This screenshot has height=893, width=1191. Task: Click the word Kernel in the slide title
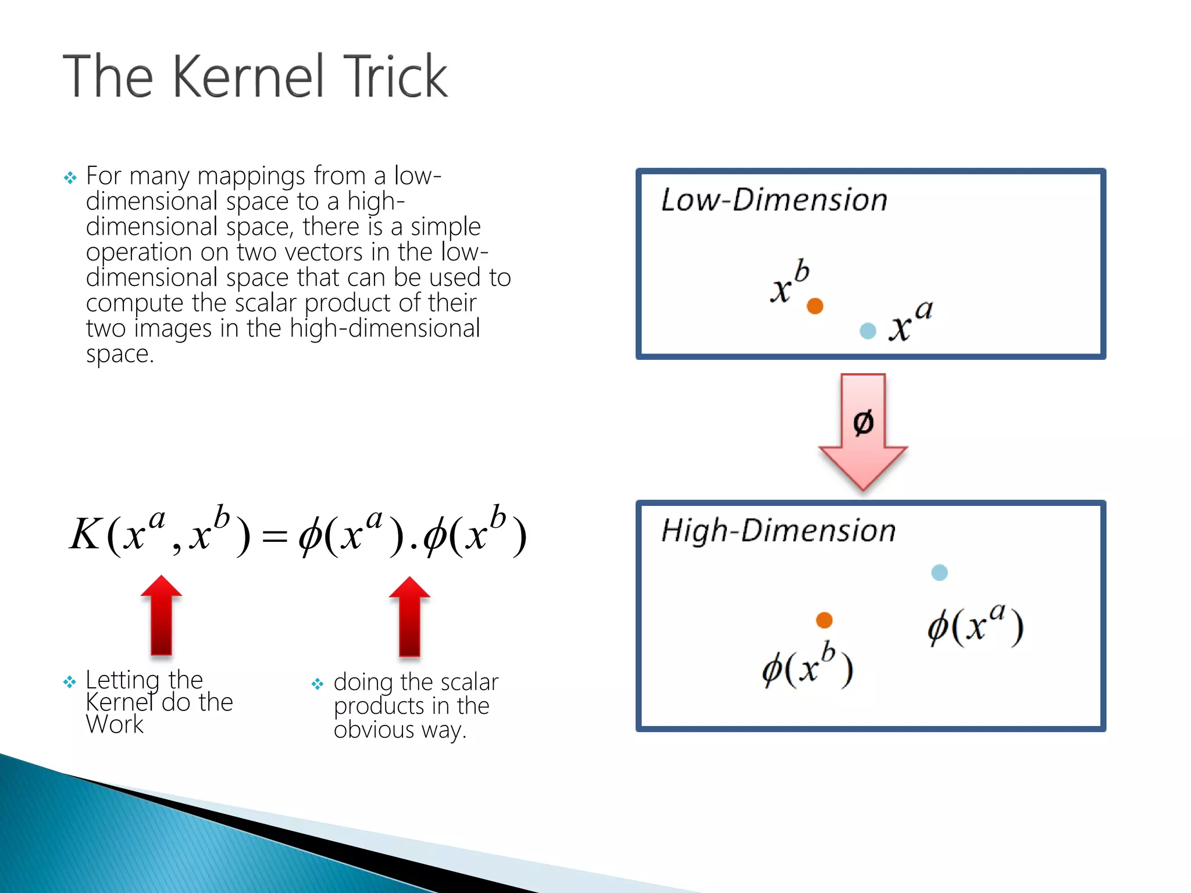click(x=248, y=77)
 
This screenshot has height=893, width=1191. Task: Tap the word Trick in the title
click(x=395, y=77)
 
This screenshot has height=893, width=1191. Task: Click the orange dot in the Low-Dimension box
click(x=815, y=306)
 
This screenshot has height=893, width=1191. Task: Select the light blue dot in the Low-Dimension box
click(x=868, y=331)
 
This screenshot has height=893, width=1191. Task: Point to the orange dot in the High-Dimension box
click(x=824, y=620)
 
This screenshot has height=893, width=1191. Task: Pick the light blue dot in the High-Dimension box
click(x=939, y=573)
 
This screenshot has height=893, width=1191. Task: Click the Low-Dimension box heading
click(x=774, y=200)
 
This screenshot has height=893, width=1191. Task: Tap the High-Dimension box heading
click(x=778, y=531)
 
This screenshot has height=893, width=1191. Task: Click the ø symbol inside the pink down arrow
click(x=863, y=422)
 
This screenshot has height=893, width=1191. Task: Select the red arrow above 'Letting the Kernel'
click(x=161, y=616)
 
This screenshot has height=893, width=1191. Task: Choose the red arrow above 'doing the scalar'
click(x=409, y=616)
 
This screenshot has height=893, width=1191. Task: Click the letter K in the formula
click(x=85, y=534)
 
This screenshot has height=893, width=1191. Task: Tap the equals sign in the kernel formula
click(x=274, y=537)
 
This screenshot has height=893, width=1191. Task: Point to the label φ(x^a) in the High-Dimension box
click(x=975, y=626)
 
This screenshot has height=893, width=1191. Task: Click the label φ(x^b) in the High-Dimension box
click(x=808, y=666)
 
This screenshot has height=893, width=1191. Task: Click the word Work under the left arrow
click(x=115, y=724)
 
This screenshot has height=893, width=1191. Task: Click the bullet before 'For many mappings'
click(x=70, y=177)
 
